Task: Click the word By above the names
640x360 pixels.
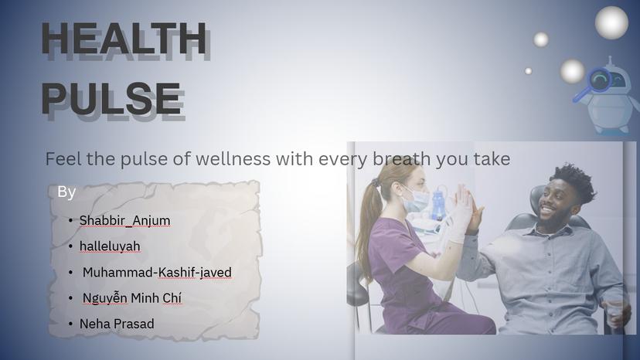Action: (66, 192)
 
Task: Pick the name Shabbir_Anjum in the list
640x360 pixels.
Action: (124, 220)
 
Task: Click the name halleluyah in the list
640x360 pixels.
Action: (110, 246)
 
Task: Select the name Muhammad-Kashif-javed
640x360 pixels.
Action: (157, 272)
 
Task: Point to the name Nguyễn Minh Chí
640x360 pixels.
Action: (132, 298)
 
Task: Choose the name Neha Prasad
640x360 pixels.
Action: (117, 324)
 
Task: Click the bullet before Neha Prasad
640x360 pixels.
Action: (70, 324)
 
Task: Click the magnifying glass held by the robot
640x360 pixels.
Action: (599, 80)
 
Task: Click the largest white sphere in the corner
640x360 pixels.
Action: (611, 22)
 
